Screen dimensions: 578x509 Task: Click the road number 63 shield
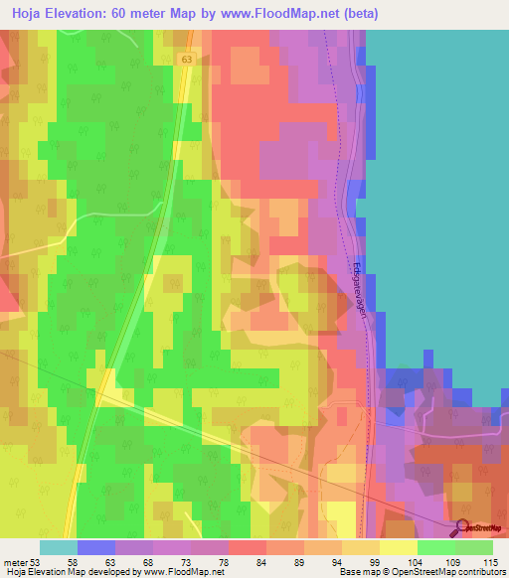(187, 60)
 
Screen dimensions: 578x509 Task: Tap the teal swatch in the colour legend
(59, 547)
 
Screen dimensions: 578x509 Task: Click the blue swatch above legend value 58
(96, 547)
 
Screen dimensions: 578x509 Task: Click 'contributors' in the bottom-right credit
(482, 571)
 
